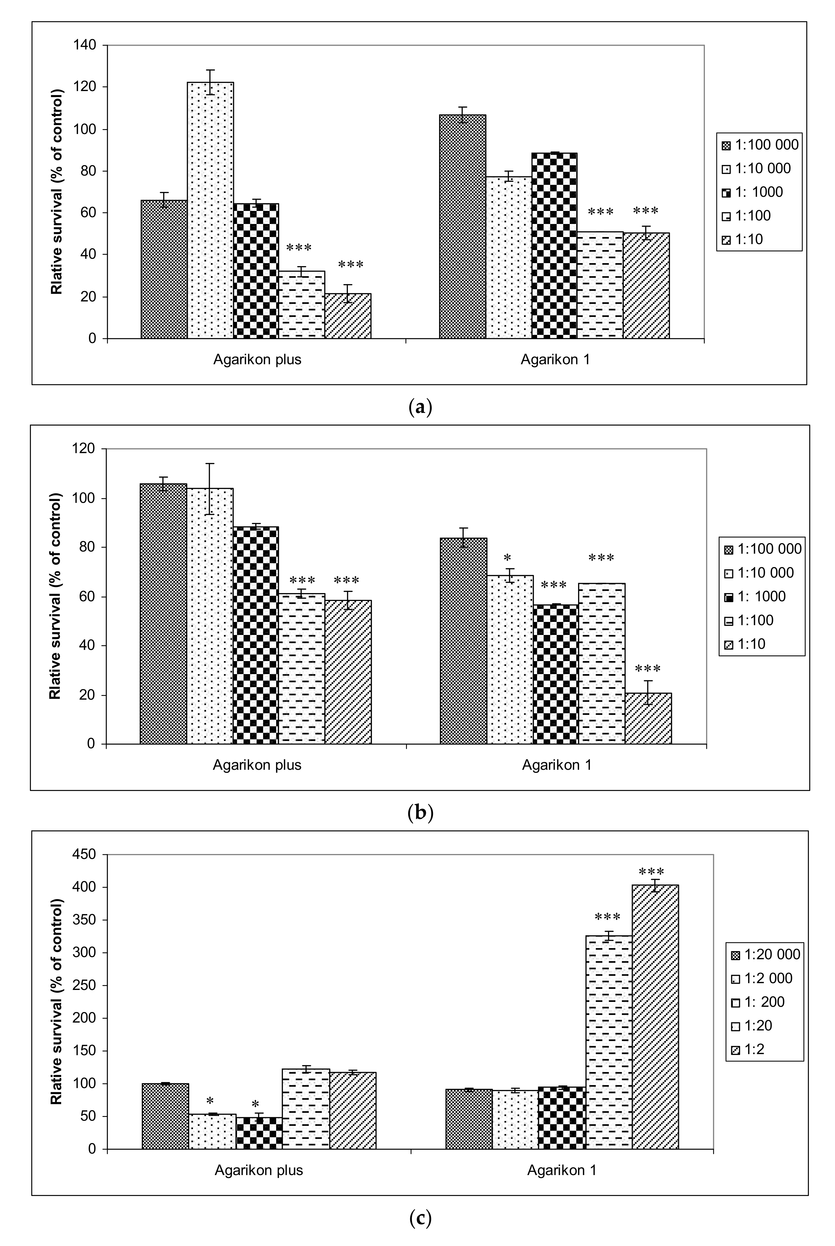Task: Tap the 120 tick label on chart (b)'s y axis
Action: click(x=84, y=449)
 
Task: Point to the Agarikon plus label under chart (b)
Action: click(x=257, y=765)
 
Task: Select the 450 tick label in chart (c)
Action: click(x=84, y=855)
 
